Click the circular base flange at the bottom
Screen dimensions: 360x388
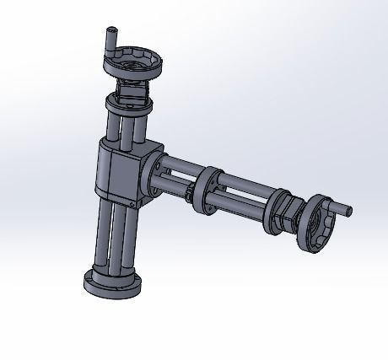tap(112, 284)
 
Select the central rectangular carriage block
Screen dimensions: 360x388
tap(118, 173)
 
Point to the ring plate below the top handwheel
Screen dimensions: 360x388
tap(127, 106)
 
